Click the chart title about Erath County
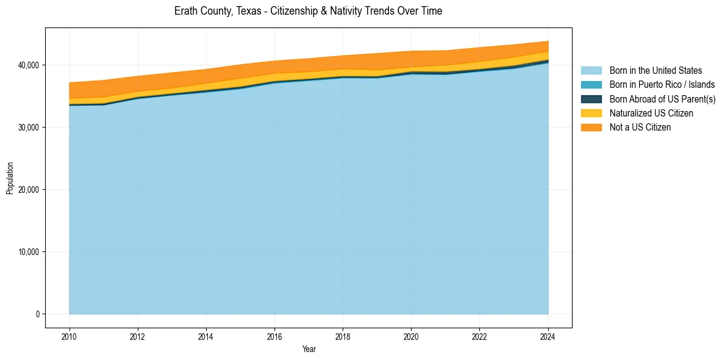[308, 11]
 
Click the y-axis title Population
[10, 178]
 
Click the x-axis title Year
[309, 349]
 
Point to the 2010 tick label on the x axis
[70, 336]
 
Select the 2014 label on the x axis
[206, 336]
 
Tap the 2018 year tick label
[343, 336]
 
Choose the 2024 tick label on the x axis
[548, 336]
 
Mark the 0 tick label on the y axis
[37, 314]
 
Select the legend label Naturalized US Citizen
[651, 113]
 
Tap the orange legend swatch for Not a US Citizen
[591, 128]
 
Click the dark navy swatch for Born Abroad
[591, 99]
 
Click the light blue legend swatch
[591, 71]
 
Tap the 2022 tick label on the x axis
[480, 336]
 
